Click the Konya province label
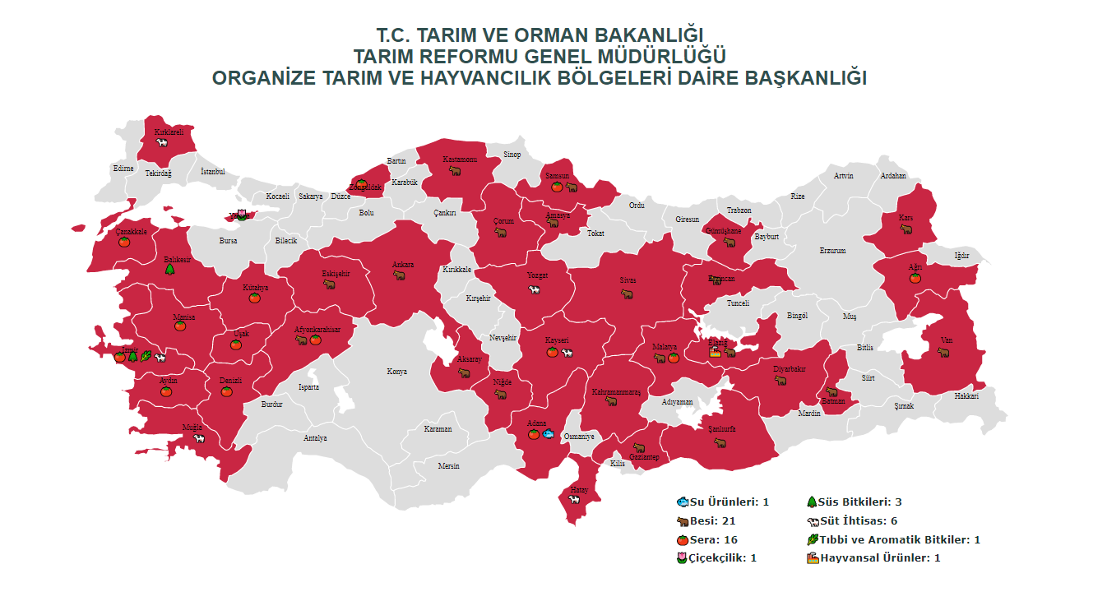(396, 372)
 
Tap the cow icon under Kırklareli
(163, 142)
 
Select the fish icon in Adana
(549, 433)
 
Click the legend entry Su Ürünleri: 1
(722, 502)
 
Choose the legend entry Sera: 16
(706, 539)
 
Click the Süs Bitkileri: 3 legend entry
(855, 502)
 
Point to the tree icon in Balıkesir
(169, 269)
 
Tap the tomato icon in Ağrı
(915, 278)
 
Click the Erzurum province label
(831, 251)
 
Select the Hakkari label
(966, 396)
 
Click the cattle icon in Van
(943, 353)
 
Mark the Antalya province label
(315, 437)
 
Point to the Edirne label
(123, 169)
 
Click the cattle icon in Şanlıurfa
(720, 442)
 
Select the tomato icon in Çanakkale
(124, 242)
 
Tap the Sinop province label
(512, 155)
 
